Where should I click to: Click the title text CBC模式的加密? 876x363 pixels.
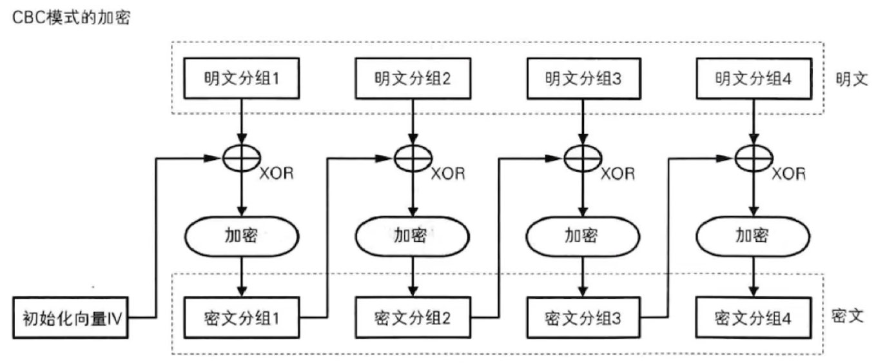[68, 19]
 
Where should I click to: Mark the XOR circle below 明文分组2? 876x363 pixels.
[412, 157]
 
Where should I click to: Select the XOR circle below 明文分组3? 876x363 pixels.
[583, 157]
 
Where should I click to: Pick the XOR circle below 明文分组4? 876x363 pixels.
[754, 157]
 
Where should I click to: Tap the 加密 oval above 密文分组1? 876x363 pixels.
[242, 236]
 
